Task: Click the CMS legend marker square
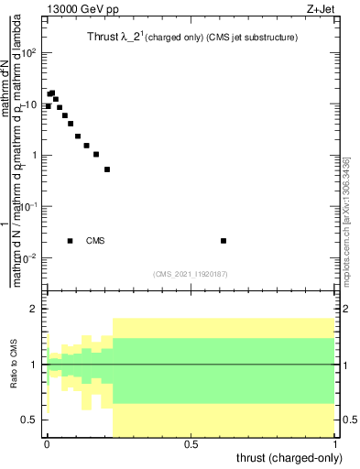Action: point(71,241)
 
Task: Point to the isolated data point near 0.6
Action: point(224,241)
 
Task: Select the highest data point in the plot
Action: point(52,93)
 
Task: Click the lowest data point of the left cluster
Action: point(107,169)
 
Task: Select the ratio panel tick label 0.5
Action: point(30,420)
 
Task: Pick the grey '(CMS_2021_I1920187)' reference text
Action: point(190,273)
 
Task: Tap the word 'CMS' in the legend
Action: point(95,241)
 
